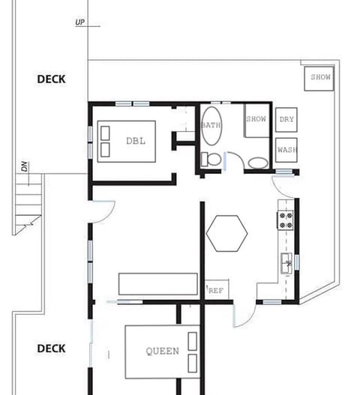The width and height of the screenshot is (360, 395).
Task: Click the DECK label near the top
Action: [51, 79]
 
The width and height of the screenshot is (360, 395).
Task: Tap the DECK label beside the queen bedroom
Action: [51, 349]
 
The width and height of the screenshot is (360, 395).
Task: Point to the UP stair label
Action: [80, 22]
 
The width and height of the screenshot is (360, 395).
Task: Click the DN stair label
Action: [24, 166]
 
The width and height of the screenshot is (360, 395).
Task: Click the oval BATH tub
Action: [211, 125]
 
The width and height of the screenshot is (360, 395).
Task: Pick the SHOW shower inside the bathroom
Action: [256, 121]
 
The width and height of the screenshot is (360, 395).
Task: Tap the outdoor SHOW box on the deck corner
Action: [320, 77]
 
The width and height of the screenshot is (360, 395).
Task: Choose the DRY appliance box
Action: [286, 120]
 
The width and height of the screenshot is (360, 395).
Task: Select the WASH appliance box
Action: [286, 149]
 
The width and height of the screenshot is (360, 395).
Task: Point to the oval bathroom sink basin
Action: [257, 161]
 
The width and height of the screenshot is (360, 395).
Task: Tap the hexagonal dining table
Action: [227, 233]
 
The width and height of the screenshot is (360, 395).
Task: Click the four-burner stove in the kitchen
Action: [286, 219]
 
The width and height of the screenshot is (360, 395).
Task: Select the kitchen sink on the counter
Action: [286, 262]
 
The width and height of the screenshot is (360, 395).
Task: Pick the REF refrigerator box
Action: [216, 290]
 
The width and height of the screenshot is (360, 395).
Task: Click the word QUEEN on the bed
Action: [162, 351]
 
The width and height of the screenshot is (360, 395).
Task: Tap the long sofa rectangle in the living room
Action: [157, 284]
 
